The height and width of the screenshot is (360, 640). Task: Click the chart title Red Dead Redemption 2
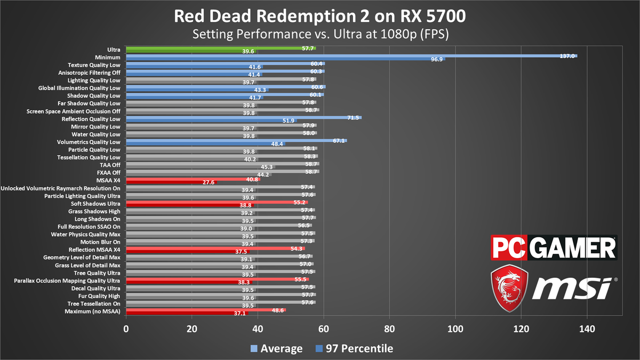pos(320,17)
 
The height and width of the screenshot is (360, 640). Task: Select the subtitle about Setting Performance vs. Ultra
pos(320,35)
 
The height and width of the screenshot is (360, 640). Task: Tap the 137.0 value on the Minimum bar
pos(566,55)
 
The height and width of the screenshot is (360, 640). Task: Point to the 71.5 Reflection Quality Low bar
pos(243,117)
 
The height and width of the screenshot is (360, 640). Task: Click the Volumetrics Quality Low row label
pos(89,142)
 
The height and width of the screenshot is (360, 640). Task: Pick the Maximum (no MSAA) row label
pos(92,311)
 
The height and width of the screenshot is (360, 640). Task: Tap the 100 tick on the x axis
pos(455,330)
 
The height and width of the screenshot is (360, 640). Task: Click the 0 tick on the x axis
pos(126,330)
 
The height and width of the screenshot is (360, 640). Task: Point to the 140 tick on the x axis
pos(587,330)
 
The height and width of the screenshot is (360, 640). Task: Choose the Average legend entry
pos(277,349)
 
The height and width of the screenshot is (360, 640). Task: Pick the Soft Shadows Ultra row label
pos(95,204)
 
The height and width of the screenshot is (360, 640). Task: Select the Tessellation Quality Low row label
pos(88,157)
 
